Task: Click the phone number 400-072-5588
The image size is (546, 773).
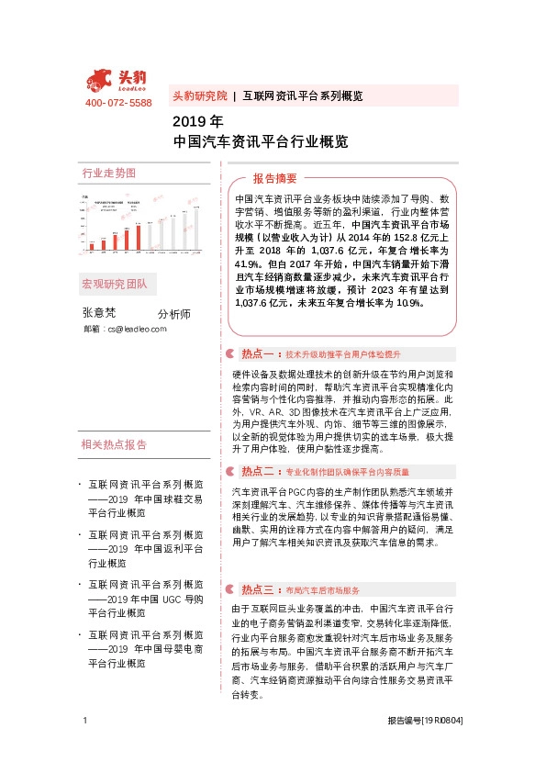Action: tap(118, 103)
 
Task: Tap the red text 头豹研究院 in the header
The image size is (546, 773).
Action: tap(199, 95)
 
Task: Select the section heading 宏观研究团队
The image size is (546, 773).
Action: tap(114, 284)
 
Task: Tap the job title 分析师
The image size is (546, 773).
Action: tap(173, 313)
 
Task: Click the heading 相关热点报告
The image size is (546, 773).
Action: tap(114, 445)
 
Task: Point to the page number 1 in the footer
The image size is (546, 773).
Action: tap(85, 746)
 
